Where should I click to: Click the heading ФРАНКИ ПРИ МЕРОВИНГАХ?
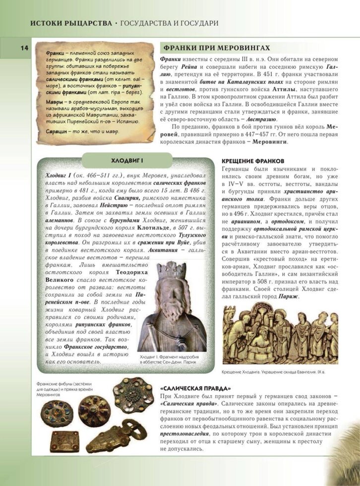pos(215,48)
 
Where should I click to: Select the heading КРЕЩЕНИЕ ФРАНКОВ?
pos(252,161)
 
